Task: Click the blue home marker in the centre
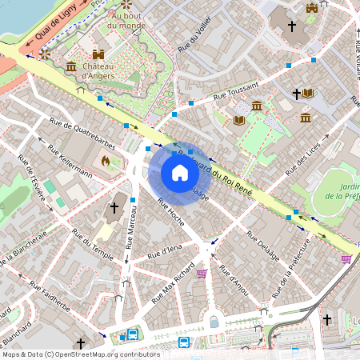point(180,173)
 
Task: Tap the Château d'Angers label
point(97,70)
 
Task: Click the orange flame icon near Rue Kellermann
point(105,160)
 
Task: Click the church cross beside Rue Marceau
point(114,208)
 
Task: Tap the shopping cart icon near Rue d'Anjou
point(202,273)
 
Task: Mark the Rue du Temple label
point(92,243)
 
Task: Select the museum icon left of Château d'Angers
point(71,66)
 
